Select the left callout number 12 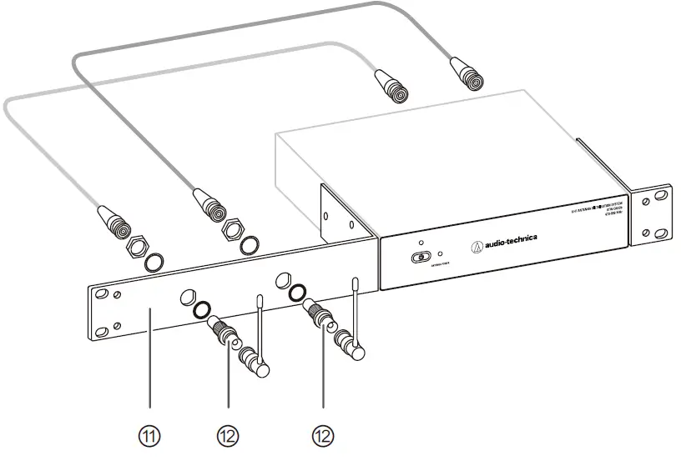pyautogui.click(x=229, y=434)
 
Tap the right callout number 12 pyautogui.click(x=323, y=434)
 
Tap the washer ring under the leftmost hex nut pyautogui.click(x=153, y=264)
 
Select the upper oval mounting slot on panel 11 pyautogui.click(x=103, y=294)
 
